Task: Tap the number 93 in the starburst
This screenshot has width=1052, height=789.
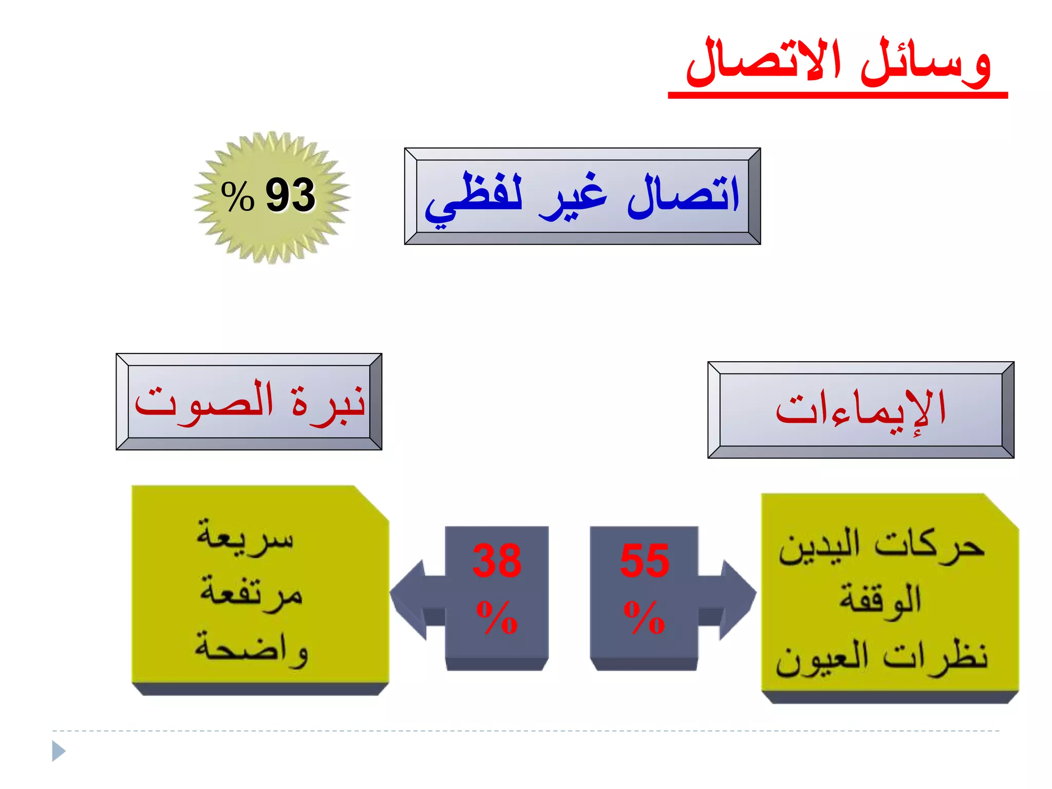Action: pos(290,195)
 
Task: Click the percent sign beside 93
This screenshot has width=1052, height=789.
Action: pos(237,196)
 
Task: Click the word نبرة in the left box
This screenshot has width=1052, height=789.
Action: pos(329,403)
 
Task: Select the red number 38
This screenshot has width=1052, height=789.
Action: pos(497,561)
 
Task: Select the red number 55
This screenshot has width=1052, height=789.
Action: pos(645,561)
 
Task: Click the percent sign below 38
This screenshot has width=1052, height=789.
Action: pos(497,616)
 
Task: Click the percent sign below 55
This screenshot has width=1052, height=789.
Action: pos(644,616)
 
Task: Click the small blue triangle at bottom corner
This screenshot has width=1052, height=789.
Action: pos(59,751)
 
